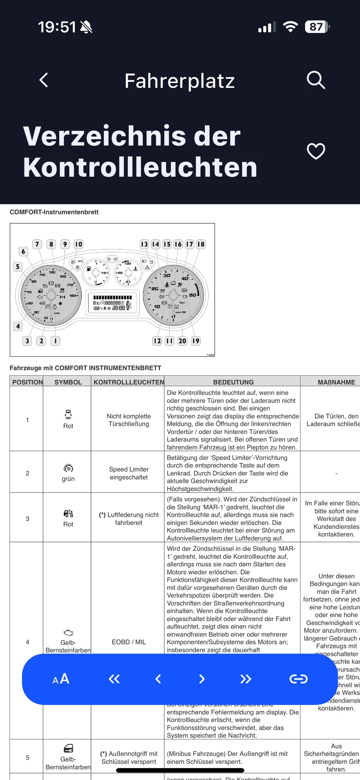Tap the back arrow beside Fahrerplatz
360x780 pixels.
(44, 80)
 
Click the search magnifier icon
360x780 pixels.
(316, 80)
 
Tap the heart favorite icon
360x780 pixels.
(316, 151)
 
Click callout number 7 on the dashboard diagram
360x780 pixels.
(37, 244)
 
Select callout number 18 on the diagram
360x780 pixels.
(201, 244)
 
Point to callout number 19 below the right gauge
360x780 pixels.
(196, 341)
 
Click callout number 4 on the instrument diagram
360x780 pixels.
(18, 326)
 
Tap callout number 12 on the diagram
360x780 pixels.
(157, 341)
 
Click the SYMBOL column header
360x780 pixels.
(68, 382)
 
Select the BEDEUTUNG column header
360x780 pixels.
(233, 382)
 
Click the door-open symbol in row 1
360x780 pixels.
(68, 414)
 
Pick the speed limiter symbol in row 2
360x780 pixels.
(68, 468)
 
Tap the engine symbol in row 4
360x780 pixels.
(68, 633)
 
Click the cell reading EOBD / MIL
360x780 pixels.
(128, 642)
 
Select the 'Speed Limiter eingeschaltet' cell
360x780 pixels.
(128, 473)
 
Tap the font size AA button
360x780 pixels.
(61, 679)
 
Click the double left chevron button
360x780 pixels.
(114, 679)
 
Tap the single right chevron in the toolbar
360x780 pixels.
(202, 679)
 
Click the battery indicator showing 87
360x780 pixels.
(317, 27)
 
